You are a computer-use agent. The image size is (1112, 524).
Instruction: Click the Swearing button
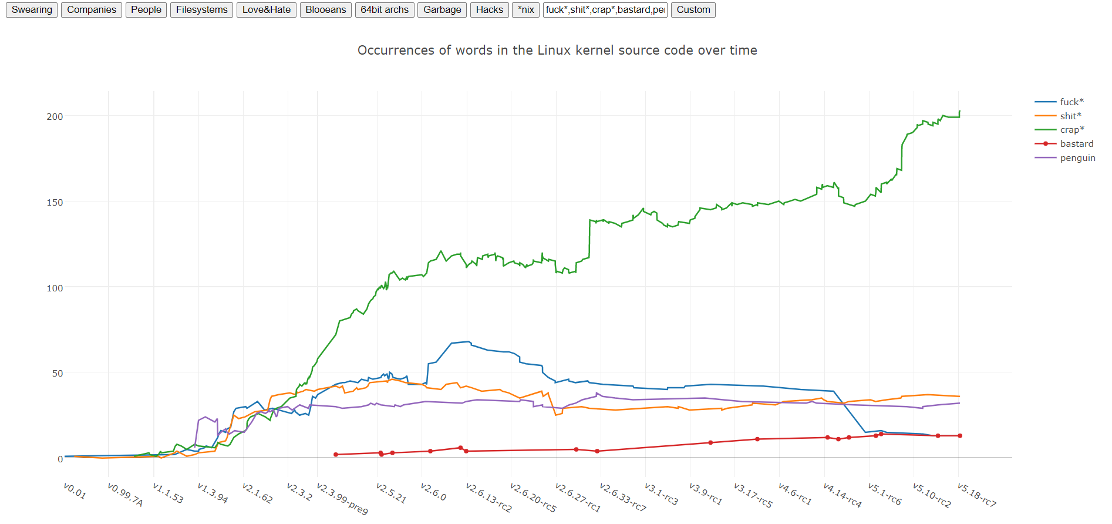[x=32, y=10]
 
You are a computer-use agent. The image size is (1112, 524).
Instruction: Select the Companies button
[x=91, y=10]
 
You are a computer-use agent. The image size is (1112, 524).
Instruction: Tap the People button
[x=146, y=10]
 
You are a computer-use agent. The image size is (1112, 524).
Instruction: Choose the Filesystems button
[x=201, y=10]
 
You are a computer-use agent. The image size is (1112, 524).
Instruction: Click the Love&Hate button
[x=266, y=10]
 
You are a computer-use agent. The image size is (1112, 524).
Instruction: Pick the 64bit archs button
[x=385, y=10]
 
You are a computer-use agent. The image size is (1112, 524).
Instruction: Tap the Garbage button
[x=442, y=10]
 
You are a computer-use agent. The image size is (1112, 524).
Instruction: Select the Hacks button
[x=489, y=10]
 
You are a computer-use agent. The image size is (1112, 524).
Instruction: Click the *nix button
[x=525, y=10]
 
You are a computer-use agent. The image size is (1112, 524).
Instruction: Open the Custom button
[x=693, y=10]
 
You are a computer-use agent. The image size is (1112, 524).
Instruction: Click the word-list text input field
[x=605, y=10]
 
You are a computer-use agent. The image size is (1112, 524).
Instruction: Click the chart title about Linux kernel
[x=557, y=51]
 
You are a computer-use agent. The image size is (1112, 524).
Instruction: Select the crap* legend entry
[x=1071, y=130]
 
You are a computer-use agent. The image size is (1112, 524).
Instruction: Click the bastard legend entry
[x=1076, y=144]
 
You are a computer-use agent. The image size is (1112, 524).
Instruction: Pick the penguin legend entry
[x=1077, y=158]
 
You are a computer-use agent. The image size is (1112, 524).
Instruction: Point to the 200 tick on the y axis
[x=55, y=116]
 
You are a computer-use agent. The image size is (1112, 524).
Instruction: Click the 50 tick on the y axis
[x=57, y=374]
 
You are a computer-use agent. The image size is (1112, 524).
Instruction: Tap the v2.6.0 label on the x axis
[x=434, y=492]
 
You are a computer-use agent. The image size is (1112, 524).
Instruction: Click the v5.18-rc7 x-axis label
[x=976, y=495]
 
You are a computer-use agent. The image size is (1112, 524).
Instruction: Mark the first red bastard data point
[x=336, y=455]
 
